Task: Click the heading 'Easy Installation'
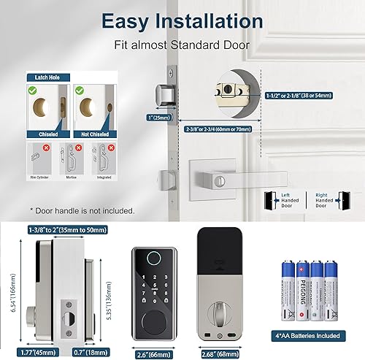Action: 182,21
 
